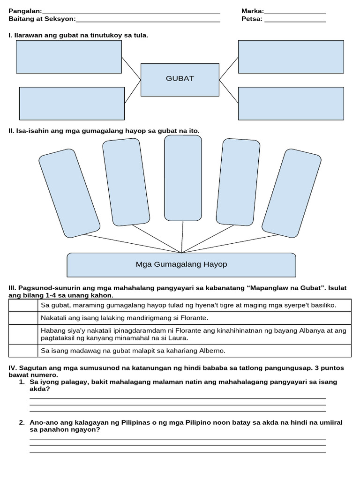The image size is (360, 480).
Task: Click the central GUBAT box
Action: (180, 79)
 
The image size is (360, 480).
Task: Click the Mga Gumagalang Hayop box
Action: (181, 265)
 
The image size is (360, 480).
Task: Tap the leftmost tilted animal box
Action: (69, 193)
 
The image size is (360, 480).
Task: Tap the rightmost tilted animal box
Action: (292, 193)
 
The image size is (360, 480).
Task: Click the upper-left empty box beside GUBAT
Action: (69, 57)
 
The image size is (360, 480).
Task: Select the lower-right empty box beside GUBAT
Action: (291, 103)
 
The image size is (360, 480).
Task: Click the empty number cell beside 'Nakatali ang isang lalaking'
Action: (23, 318)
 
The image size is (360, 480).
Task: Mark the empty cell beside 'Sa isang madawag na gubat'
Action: (23, 351)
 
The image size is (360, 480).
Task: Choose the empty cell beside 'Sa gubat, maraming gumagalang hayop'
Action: (23, 306)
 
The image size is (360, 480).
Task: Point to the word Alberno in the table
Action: (212, 351)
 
